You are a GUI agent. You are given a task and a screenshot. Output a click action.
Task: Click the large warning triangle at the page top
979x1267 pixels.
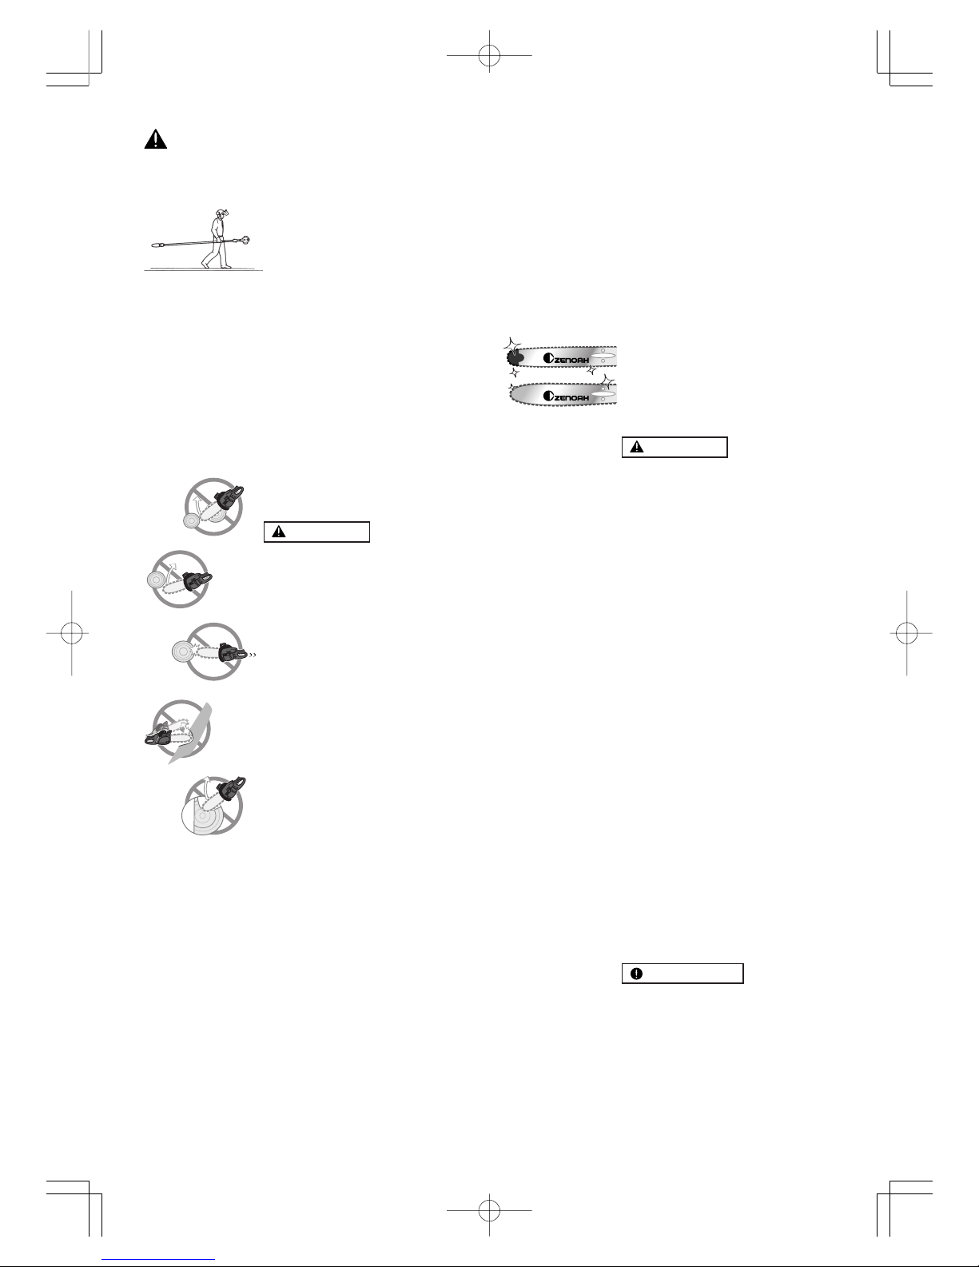tap(156, 139)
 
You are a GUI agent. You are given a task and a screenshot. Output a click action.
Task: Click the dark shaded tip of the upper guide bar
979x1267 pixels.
tap(515, 357)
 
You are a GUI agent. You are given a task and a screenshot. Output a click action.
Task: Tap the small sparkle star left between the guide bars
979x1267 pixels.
tap(514, 372)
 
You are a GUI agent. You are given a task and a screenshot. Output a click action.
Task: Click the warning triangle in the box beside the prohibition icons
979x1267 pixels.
tap(279, 532)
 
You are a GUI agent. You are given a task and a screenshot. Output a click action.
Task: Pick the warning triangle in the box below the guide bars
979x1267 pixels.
tap(637, 447)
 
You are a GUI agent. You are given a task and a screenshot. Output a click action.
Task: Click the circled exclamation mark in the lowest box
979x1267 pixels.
tap(637, 974)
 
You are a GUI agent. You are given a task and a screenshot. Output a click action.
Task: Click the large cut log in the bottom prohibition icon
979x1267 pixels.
tap(205, 814)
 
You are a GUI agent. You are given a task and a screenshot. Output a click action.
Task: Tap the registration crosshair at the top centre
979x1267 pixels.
tap(489, 55)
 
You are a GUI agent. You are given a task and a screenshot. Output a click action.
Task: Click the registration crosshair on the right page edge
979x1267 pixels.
tap(907, 633)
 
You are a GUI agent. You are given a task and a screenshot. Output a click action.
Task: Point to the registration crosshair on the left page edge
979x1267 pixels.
tap(72, 633)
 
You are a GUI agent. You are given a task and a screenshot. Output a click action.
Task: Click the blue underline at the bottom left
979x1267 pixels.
tap(158, 1260)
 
